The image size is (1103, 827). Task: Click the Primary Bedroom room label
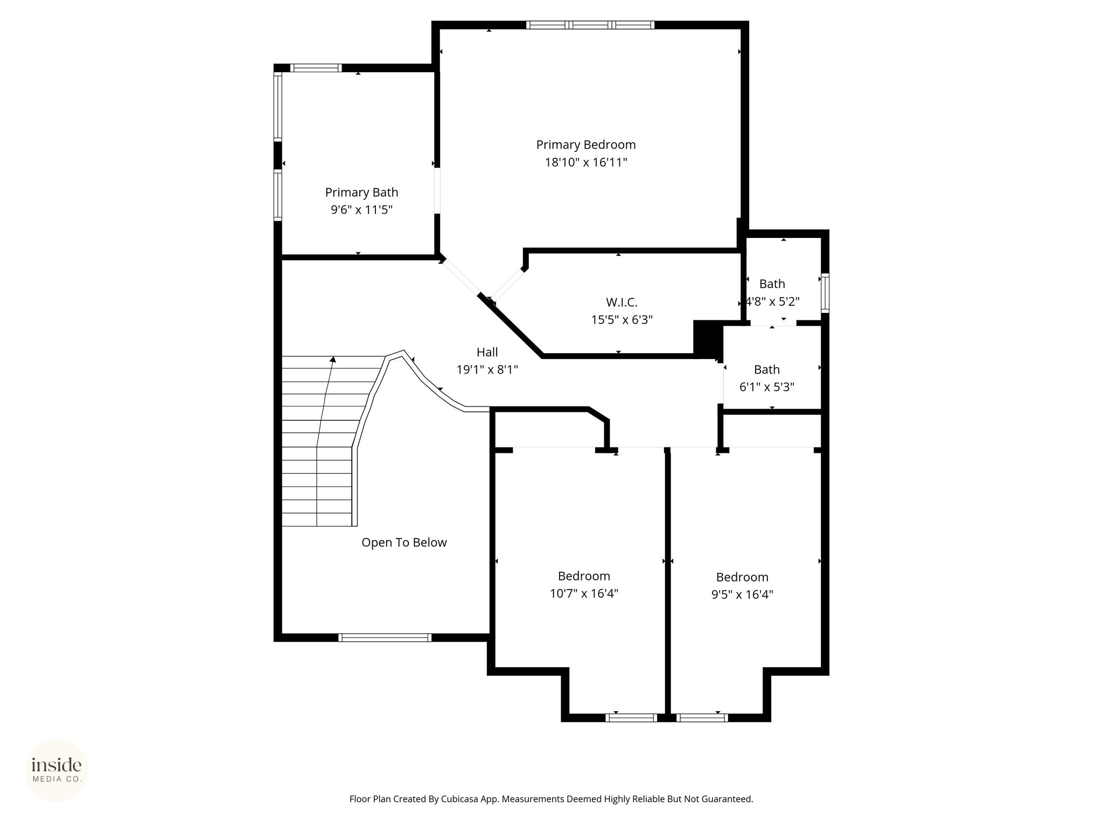click(x=585, y=145)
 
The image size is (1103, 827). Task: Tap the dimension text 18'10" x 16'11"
click(x=586, y=162)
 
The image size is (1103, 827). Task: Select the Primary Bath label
click(x=361, y=192)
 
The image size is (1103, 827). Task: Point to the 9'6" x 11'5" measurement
click(x=361, y=209)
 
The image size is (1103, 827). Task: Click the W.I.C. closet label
click(x=622, y=302)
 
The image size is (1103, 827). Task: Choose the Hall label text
click(x=487, y=352)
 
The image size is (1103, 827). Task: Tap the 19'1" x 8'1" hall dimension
click(x=487, y=369)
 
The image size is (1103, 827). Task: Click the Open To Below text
click(x=404, y=542)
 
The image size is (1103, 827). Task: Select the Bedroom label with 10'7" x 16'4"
click(x=584, y=576)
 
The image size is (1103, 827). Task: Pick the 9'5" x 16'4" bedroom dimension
click(x=742, y=594)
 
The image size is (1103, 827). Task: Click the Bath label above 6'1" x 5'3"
click(x=766, y=369)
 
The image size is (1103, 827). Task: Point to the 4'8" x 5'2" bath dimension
click(x=772, y=301)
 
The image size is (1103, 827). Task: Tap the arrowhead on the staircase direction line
click(x=333, y=359)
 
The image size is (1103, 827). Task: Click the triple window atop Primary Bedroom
click(x=590, y=25)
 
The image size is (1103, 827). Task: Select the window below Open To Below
click(x=385, y=637)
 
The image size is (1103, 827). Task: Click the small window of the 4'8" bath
click(x=825, y=293)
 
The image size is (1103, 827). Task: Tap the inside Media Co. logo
click(x=57, y=770)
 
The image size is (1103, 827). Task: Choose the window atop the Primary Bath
click(x=316, y=68)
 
